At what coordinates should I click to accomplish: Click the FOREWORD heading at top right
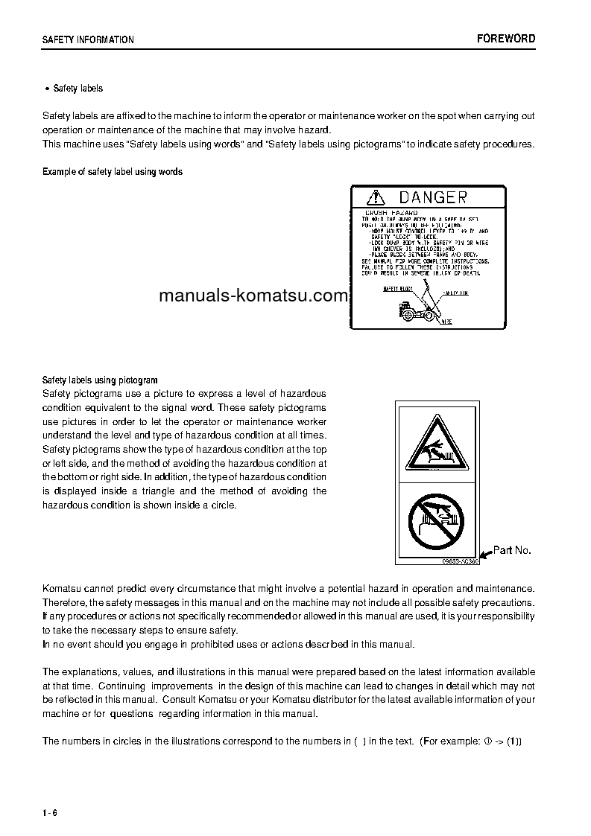point(506,39)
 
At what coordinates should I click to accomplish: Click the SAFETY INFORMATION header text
point(88,40)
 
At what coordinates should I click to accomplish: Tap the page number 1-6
point(50,811)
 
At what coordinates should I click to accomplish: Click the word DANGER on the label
point(433,197)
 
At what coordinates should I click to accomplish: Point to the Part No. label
point(512,550)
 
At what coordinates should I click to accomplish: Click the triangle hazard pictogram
point(436,445)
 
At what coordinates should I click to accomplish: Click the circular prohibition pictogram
point(436,519)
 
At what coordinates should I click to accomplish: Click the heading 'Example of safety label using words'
point(113,172)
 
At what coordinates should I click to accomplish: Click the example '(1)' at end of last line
point(515,741)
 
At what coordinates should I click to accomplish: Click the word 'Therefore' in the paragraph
point(64,602)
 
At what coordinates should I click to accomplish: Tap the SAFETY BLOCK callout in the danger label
point(396,287)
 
